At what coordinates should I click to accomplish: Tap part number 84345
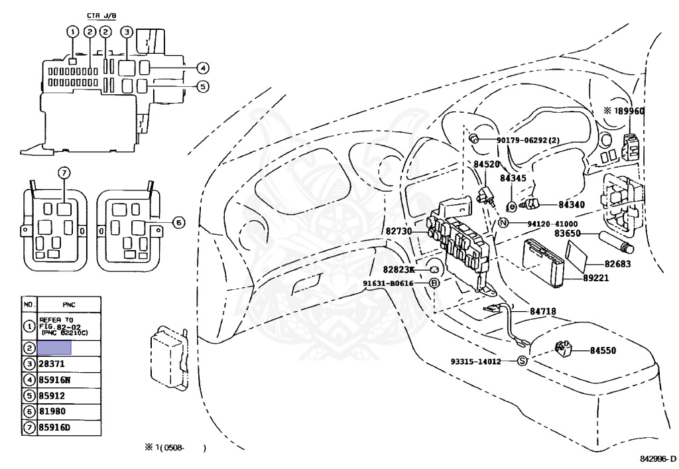tap(513, 178)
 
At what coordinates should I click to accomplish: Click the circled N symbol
tap(503, 223)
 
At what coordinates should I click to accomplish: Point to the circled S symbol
tap(522, 361)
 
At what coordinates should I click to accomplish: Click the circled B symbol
tap(435, 283)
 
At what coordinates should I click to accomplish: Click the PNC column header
tap(68, 304)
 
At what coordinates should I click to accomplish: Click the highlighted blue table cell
tap(54, 347)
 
